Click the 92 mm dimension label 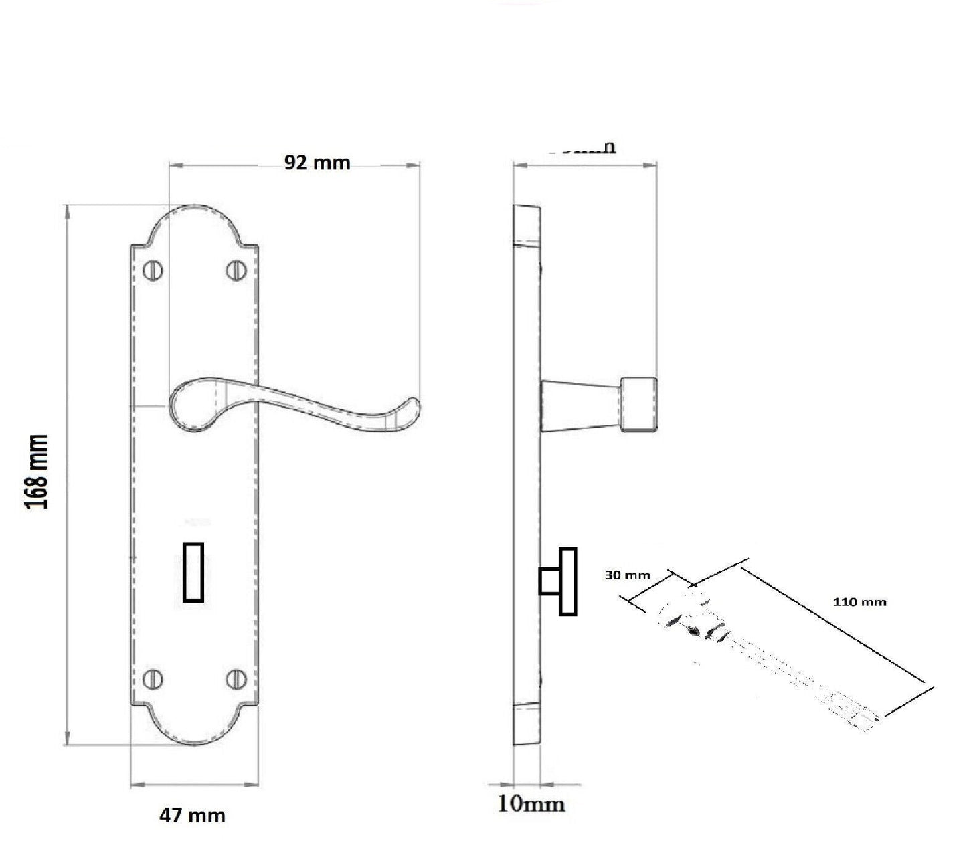(x=317, y=163)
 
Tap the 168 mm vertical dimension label (x=37, y=472)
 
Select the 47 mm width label (x=192, y=816)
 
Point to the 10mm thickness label (x=531, y=803)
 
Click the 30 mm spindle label (x=627, y=575)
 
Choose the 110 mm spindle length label (x=859, y=602)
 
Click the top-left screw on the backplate (x=154, y=270)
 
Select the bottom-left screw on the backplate (x=154, y=679)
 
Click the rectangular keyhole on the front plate (x=193, y=573)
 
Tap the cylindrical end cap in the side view (x=639, y=404)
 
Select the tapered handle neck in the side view (x=580, y=404)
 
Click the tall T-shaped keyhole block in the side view (x=568, y=581)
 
